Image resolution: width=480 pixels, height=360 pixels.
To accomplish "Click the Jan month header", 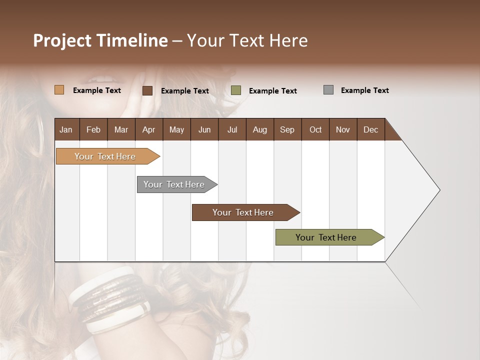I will (66, 129).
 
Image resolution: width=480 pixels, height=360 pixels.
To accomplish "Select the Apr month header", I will (148, 129).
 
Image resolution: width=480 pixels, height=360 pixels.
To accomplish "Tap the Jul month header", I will (232, 129).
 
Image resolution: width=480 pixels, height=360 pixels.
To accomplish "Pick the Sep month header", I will (287, 129).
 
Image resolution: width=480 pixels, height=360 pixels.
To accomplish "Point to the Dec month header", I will (370, 129).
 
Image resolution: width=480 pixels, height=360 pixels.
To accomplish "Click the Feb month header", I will (93, 129).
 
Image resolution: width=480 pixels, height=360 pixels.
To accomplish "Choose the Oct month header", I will (315, 129).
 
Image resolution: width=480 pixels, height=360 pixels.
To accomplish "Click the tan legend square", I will (59, 90).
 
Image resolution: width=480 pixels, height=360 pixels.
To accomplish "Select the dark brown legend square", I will (147, 90).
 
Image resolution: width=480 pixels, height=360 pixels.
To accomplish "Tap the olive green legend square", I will (236, 90).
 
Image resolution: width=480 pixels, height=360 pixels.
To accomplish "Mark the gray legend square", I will (328, 90).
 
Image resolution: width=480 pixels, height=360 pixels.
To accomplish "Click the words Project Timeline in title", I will (100, 40).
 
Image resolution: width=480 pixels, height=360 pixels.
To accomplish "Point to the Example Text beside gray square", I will (364, 90).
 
